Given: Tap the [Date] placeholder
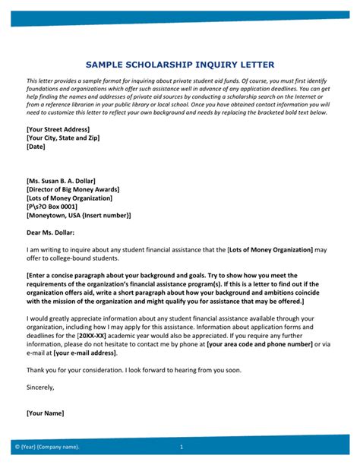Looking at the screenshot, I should click(36, 147).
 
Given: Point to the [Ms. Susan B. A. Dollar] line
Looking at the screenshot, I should click(62, 180).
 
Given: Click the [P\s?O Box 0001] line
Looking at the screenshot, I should click(52, 207).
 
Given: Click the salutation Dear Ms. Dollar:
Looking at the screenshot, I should click(51, 232).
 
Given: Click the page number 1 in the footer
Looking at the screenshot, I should click(182, 447).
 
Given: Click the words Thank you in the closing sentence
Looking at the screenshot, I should click(41, 369).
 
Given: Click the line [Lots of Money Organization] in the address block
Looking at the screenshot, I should click(69, 198).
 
